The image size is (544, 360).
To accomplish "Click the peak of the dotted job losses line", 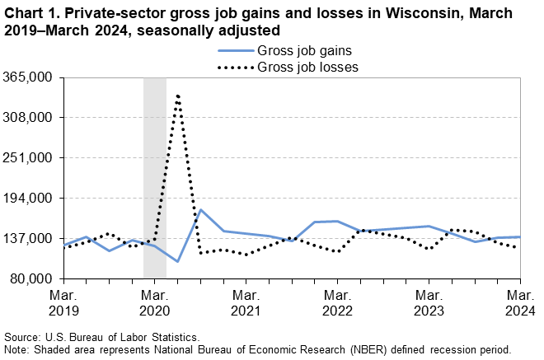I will [x=178, y=96].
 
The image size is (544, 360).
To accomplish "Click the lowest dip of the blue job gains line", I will [x=178, y=262].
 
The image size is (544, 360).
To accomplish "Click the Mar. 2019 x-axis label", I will [x=63, y=302].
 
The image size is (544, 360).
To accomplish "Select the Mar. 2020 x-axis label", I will [x=155, y=302].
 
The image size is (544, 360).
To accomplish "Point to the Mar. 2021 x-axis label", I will [x=246, y=302].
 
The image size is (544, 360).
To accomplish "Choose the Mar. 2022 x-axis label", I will [x=337, y=302].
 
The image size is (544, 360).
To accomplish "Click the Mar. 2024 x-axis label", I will [x=518, y=302].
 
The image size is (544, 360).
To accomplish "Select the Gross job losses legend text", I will [x=307, y=68].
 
